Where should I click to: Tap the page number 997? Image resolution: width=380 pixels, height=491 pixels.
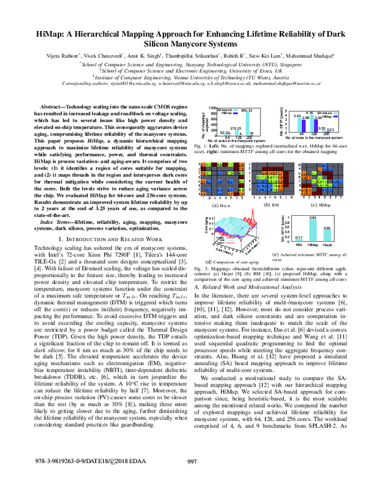click(189, 480)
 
